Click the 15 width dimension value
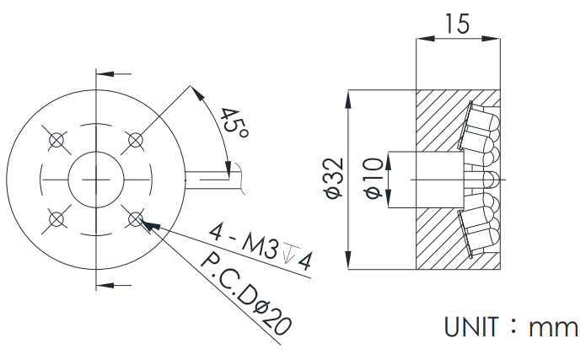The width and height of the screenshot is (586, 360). [x=457, y=24]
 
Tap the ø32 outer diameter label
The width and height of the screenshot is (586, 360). [x=334, y=179]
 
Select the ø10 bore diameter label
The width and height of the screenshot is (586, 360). [x=374, y=179]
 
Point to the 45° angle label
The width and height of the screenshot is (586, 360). [x=234, y=123]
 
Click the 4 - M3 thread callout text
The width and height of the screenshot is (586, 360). [x=244, y=241]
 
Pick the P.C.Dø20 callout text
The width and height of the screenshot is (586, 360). [x=246, y=294]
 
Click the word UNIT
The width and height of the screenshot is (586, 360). [x=471, y=327]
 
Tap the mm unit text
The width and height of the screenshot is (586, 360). [x=553, y=328]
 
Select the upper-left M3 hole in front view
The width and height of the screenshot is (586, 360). [x=56, y=140]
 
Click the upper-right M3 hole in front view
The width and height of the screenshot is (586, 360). [x=135, y=140]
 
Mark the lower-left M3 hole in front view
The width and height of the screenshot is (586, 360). [x=56, y=219]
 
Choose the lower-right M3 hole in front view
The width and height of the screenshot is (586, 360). [x=135, y=219]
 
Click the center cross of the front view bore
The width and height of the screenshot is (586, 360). [x=96, y=180]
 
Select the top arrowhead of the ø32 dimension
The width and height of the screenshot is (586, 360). [x=348, y=99]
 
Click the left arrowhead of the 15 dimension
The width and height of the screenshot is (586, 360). [x=425, y=38]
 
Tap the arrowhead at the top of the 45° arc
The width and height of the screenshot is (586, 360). [x=198, y=93]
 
